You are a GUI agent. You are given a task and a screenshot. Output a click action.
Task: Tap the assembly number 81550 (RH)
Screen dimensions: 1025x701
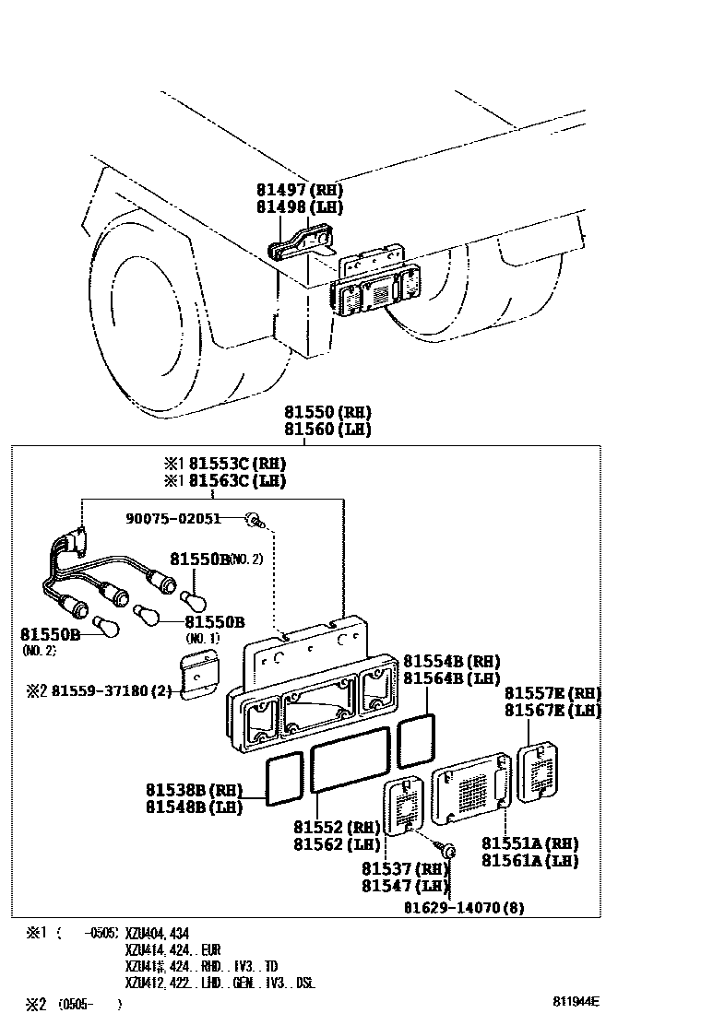(327, 412)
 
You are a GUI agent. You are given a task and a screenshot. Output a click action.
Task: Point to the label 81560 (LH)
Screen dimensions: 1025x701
(327, 429)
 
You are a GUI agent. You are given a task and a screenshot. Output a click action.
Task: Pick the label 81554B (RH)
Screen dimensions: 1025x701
(451, 661)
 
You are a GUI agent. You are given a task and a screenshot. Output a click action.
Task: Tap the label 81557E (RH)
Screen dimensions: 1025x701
(552, 693)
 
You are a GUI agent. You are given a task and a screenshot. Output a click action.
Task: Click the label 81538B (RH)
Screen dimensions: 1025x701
(193, 790)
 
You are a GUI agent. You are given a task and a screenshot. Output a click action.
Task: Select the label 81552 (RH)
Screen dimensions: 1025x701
(337, 828)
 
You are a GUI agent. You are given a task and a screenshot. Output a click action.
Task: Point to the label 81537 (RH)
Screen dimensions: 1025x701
(404, 868)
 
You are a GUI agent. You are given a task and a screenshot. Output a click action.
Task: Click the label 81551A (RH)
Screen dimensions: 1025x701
(529, 843)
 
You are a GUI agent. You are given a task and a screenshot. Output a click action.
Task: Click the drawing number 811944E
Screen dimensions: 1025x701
(576, 1001)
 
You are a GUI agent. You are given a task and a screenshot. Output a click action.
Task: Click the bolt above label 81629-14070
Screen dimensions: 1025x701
(448, 851)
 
